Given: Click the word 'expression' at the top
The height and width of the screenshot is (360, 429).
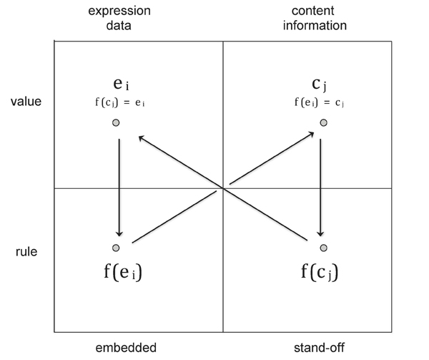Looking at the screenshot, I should coord(118,11).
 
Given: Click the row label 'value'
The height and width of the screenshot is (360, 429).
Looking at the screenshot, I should coord(26,101).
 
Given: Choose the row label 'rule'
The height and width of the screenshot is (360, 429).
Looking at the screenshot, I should coord(26,253).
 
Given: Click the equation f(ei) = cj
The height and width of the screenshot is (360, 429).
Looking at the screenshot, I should coord(320,102).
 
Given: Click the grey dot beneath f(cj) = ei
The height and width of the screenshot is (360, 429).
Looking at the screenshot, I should coord(116,123).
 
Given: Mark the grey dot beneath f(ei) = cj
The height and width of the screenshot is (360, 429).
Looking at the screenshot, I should coord(323,123).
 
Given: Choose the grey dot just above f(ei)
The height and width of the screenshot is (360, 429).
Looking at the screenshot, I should coord(116,248).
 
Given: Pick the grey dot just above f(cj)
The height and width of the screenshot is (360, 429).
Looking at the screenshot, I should coord(323,248).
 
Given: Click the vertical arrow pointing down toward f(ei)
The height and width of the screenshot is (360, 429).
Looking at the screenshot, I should coord(119,186).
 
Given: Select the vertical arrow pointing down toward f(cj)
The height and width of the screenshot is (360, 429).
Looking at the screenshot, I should coord(321,186).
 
